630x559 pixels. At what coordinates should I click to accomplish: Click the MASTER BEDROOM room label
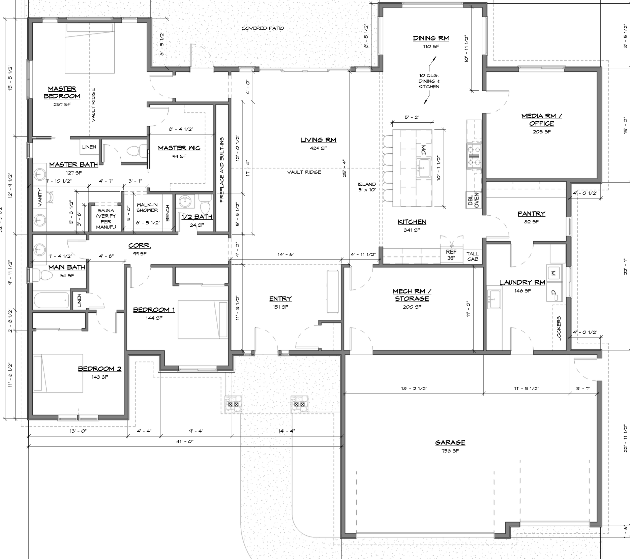[x=62, y=92]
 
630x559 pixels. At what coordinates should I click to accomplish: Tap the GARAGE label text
[x=450, y=442]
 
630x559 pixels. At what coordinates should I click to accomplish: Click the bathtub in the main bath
[x=51, y=300]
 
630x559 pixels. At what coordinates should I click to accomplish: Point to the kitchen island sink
[x=423, y=167]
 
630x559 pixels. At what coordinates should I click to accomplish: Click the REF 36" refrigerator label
[x=451, y=255]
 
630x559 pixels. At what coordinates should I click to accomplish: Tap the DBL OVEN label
[x=473, y=200]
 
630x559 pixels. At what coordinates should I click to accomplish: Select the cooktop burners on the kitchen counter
[x=474, y=156]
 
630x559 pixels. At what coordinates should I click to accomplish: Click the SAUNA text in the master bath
[x=106, y=211]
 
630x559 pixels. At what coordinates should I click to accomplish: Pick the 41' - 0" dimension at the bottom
[x=185, y=441]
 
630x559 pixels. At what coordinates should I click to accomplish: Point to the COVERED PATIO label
[x=263, y=28]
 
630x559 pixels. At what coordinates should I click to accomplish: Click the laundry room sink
[x=494, y=299]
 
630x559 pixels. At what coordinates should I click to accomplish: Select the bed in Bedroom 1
[x=203, y=319]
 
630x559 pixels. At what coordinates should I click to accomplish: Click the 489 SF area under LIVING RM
[x=318, y=148]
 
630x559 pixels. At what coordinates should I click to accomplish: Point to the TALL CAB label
[x=473, y=256]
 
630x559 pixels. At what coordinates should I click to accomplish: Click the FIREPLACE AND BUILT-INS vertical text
[x=222, y=169]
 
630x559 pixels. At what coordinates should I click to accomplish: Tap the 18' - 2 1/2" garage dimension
[x=414, y=389]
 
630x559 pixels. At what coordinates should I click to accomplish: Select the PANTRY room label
[x=531, y=214]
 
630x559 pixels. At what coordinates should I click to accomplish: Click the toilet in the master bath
[x=135, y=151]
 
